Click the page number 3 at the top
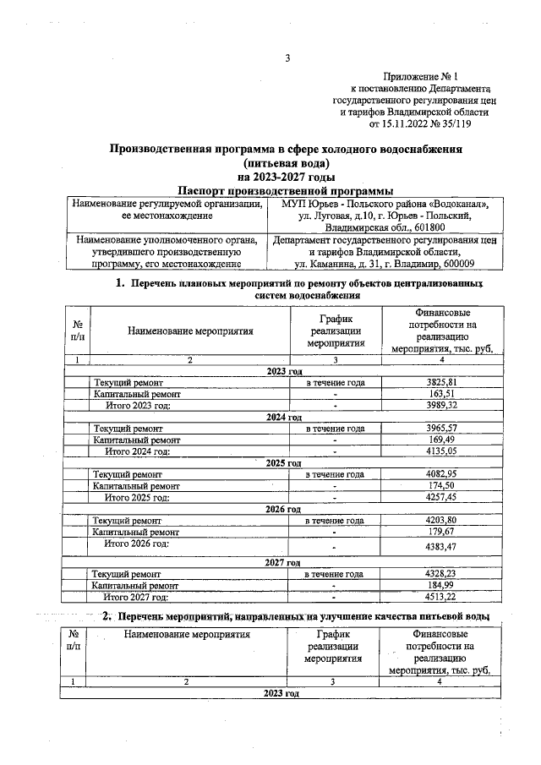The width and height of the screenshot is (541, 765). [x=287, y=58]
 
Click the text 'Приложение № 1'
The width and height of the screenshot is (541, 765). [x=431, y=76]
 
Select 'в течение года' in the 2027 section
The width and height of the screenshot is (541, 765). [x=335, y=573]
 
